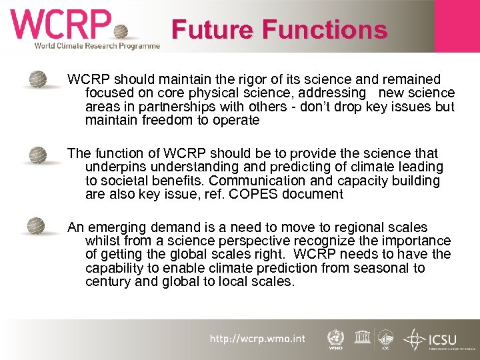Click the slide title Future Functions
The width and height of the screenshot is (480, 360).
tap(279, 30)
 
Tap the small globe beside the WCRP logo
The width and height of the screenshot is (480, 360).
tap(121, 32)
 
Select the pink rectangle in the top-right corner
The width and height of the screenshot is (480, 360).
tap(457, 25)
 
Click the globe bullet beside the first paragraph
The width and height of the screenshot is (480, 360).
tap(37, 80)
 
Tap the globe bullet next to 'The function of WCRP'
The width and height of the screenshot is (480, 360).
tap(37, 155)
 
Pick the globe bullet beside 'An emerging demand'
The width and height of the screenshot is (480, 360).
tap(37, 226)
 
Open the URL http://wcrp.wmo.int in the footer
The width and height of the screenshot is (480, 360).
tap(257, 339)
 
